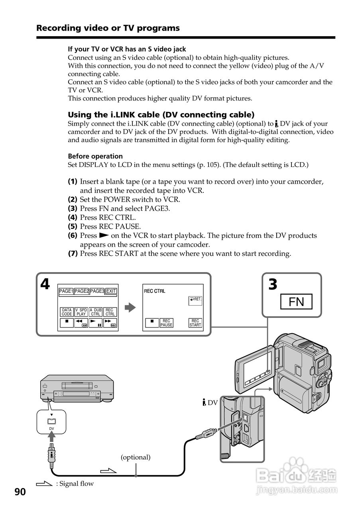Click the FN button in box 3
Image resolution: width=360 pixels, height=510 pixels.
[x=296, y=302]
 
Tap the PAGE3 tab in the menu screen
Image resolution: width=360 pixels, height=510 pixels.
[x=97, y=291]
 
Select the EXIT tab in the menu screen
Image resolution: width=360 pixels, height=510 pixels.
[x=111, y=291]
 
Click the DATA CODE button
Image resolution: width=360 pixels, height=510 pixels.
[x=67, y=312]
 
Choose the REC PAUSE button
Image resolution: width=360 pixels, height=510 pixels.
[x=166, y=323]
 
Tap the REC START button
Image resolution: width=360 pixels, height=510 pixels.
[x=195, y=323]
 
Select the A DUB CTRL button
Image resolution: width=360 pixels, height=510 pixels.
[x=95, y=312]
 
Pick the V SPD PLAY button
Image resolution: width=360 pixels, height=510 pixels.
[x=81, y=312]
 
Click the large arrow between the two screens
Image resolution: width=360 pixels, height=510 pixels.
[x=130, y=308]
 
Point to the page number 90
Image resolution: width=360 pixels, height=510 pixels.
[x=20, y=492]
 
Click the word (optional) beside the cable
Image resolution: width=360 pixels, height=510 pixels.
[x=136, y=457]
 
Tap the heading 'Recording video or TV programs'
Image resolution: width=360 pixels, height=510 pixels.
[x=108, y=28]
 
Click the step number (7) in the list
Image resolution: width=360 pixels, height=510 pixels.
[x=73, y=253]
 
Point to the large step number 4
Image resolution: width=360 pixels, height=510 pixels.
[x=45, y=284]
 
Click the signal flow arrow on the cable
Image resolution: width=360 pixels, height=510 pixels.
[x=108, y=471]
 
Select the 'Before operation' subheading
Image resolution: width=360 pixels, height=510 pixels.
[x=95, y=156]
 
